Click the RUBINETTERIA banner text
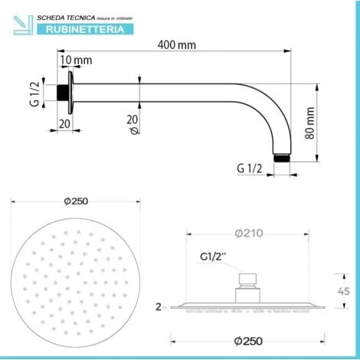85,30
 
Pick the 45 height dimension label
344,291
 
